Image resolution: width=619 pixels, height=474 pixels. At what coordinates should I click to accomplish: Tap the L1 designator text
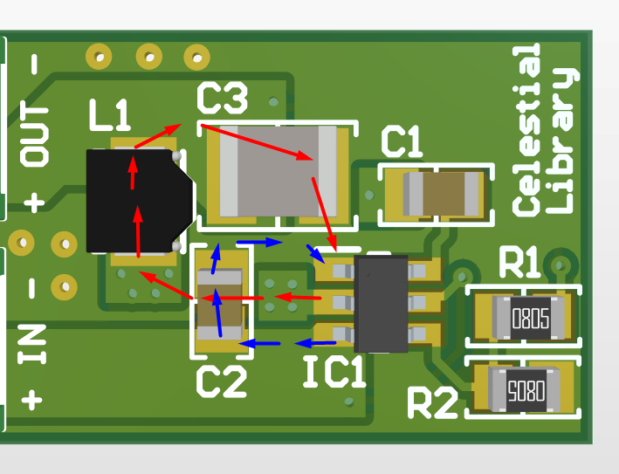tap(109, 115)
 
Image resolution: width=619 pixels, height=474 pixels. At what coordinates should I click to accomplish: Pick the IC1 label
tap(334, 373)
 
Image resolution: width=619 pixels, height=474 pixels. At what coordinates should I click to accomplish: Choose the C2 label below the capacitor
tap(221, 381)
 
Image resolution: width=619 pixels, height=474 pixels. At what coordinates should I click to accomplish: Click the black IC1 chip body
tap(381, 303)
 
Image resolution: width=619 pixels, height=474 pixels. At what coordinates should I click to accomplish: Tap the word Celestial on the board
tap(526, 131)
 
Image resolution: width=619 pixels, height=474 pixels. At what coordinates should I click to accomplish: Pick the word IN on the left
tap(32, 344)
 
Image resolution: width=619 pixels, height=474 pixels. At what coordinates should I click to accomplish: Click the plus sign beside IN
tap(32, 400)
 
